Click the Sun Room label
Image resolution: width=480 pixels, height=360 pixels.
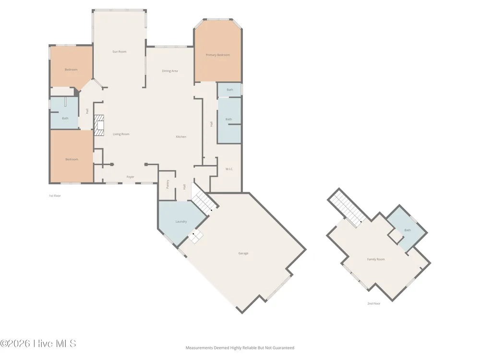[x=120, y=52]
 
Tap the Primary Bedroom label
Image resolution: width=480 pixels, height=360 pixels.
[x=217, y=55]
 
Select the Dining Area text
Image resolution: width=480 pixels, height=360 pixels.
[x=170, y=71]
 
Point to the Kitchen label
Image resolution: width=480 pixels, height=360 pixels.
[x=181, y=137]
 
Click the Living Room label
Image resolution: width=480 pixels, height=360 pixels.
[x=121, y=134]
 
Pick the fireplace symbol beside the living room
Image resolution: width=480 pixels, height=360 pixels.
[x=99, y=125]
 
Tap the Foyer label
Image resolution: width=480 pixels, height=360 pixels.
[x=131, y=177]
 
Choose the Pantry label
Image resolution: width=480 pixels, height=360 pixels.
[x=168, y=184]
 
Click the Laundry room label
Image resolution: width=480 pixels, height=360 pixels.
[x=181, y=222]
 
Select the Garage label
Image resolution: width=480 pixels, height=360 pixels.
[x=243, y=253]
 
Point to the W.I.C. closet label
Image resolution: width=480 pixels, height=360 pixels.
[x=229, y=169]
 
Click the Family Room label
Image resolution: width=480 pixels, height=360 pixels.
[x=376, y=259]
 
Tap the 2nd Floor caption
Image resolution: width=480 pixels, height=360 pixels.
[x=374, y=304]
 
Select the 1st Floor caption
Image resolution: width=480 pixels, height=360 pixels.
[x=55, y=196]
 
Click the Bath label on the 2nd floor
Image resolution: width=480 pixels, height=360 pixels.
[x=408, y=230]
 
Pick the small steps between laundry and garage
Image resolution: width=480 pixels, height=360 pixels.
[x=196, y=237]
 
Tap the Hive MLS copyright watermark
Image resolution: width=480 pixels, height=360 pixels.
[x=38, y=344]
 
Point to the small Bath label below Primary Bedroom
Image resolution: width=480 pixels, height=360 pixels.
[x=230, y=90]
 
